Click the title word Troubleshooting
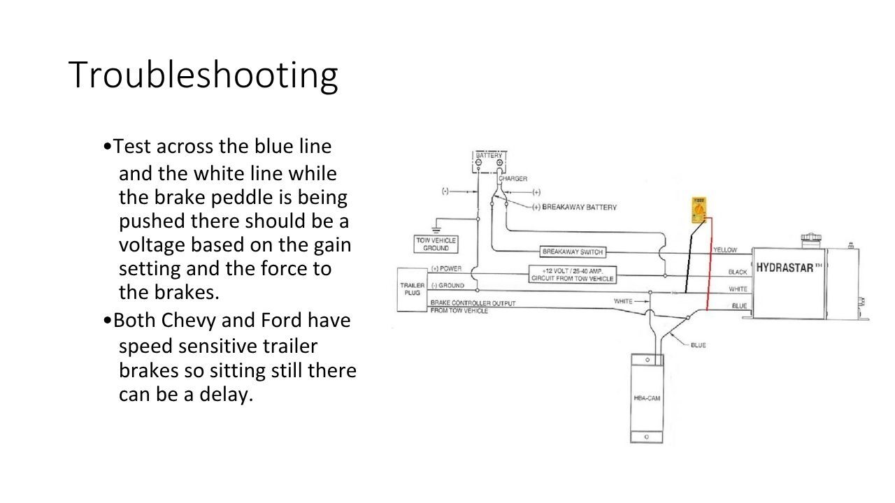(x=203, y=75)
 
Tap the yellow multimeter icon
(x=699, y=209)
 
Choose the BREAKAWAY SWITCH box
(x=572, y=251)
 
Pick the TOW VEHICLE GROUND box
(x=436, y=244)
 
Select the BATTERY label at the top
(x=489, y=155)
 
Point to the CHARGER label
(x=513, y=179)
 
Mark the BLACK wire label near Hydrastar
(x=737, y=272)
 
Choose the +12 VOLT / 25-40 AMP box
(x=572, y=275)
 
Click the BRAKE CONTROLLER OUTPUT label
(x=473, y=303)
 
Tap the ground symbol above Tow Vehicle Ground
(x=436, y=229)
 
